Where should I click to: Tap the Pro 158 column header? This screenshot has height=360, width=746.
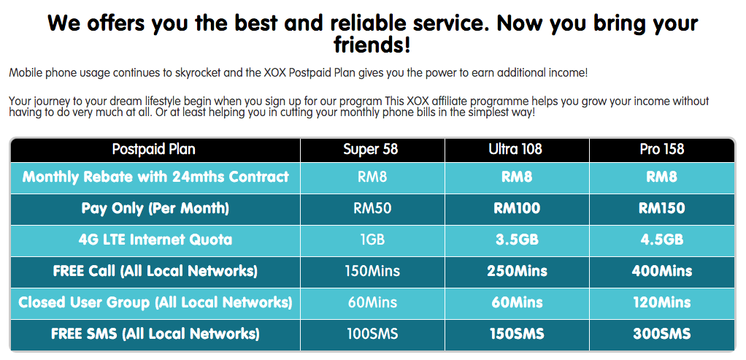tap(662, 150)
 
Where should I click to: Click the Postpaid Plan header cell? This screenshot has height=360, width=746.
tap(154, 150)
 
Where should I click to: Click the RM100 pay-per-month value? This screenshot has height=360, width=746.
tap(517, 209)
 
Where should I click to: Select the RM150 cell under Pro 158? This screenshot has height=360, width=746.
tap(662, 209)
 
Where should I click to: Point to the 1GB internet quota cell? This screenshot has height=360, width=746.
tap(372, 240)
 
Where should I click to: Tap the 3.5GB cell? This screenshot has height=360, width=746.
tap(517, 240)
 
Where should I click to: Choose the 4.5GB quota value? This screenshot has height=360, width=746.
tap(662, 240)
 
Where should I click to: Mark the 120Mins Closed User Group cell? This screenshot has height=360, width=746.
tap(662, 302)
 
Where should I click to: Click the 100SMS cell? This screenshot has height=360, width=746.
tap(372, 334)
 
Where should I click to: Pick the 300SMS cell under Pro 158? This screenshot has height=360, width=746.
tap(662, 334)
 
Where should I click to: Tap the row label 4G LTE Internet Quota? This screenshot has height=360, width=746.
tap(155, 240)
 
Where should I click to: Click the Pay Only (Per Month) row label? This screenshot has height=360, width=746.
tap(155, 209)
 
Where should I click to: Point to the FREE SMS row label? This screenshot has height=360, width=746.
tap(155, 334)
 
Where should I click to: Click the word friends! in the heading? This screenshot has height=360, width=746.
tap(372, 46)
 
